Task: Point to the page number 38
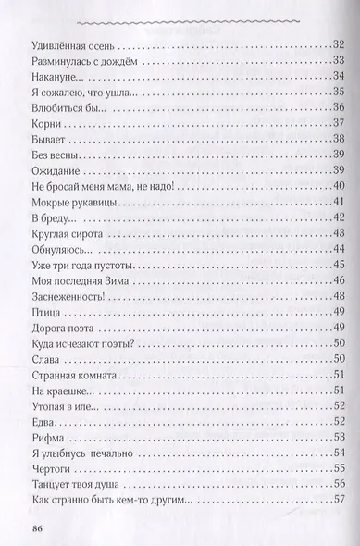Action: pos(338,140)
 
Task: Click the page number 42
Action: pos(338,222)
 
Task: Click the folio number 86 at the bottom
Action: pos(38,529)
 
